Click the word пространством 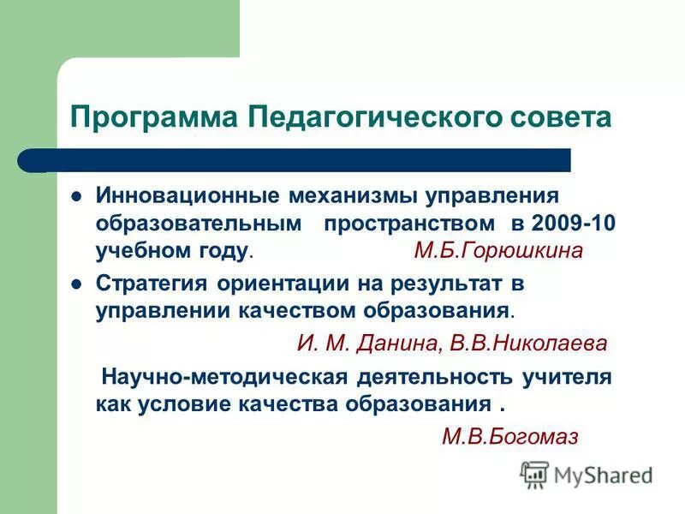pos(409,223)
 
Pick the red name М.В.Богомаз pos(510,437)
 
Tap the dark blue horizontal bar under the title pos(308,159)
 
